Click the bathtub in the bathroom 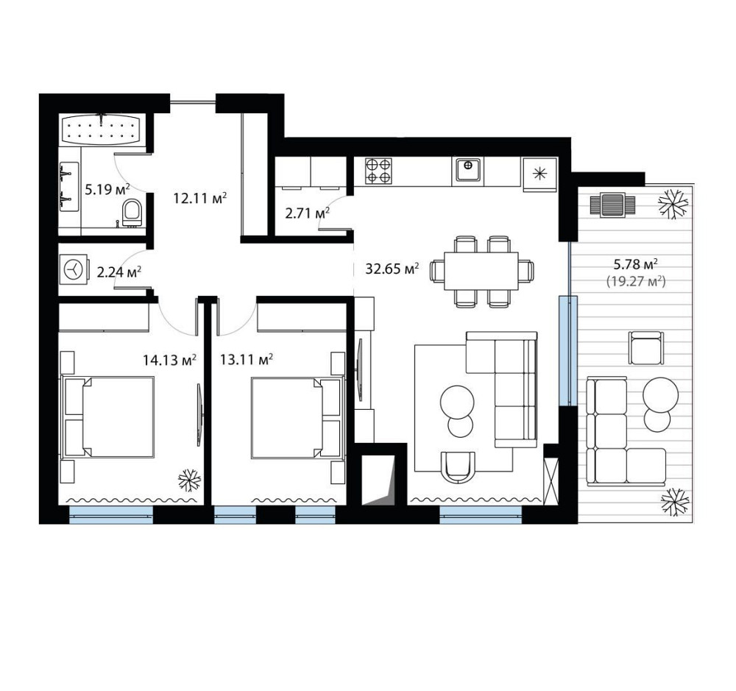100,130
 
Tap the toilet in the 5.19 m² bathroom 132,213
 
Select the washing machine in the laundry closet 74,270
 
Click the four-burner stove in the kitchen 378,171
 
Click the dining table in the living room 481,272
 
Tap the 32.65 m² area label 392,269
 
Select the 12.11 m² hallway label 200,198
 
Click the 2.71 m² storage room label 307,213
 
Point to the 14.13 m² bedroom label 169,360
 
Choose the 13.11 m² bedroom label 247,360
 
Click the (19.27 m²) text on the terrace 636,281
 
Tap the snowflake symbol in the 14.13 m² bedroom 190,481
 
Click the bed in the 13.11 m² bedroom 296,417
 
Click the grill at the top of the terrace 612,205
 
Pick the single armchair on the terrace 646,348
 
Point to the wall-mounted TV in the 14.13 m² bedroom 200,414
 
